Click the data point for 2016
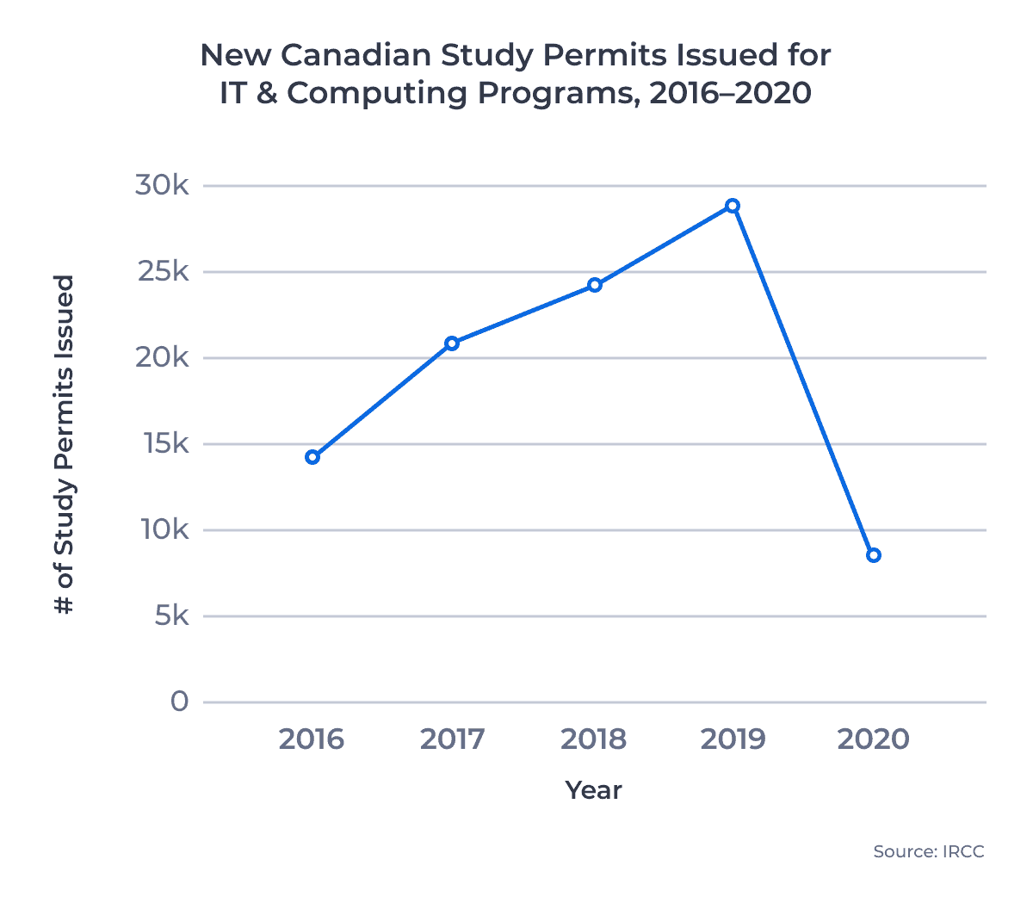pyautogui.click(x=312, y=457)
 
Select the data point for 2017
pyautogui.click(x=452, y=343)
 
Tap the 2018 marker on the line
pyautogui.click(x=594, y=285)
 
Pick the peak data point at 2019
pyautogui.click(x=733, y=206)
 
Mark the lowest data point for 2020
pyautogui.click(x=874, y=555)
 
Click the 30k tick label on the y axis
pyautogui.click(x=162, y=185)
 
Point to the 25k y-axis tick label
pyautogui.click(x=162, y=271)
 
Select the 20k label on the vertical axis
pyautogui.click(x=162, y=357)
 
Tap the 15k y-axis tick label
pyautogui.click(x=164, y=443)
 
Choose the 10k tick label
pyautogui.click(x=164, y=529)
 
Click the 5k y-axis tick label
pyautogui.click(x=171, y=615)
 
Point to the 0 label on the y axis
pyautogui.click(x=179, y=702)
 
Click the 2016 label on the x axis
pyautogui.click(x=312, y=739)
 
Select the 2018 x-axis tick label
pyautogui.click(x=593, y=739)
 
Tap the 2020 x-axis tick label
pyautogui.click(x=873, y=739)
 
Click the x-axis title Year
pyautogui.click(x=593, y=790)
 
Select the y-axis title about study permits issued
pyautogui.click(x=65, y=444)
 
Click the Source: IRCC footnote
pyautogui.click(x=928, y=851)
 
